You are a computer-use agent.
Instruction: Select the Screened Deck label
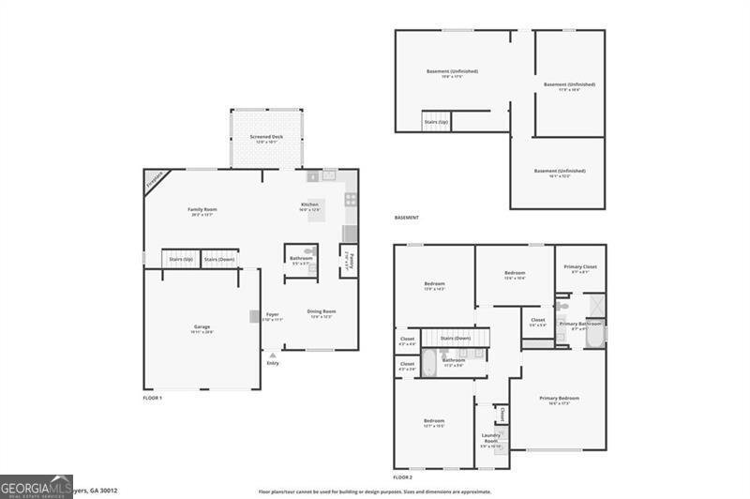tap(266, 137)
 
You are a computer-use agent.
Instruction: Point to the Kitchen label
tap(309, 204)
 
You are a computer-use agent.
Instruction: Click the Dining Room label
tap(322, 311)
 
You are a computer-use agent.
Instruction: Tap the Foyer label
tap(273, 314)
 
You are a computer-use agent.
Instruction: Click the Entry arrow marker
tap(273, 356)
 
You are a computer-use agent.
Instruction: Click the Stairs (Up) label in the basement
tap(436, 122)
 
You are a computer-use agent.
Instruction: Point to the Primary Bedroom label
tap(559, 399)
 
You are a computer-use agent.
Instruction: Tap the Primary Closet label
tap(580, 266)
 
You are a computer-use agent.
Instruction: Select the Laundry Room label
tap(490, 437)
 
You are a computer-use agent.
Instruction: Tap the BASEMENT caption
tap(406, 218)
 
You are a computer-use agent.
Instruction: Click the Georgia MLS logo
tap(36, 487)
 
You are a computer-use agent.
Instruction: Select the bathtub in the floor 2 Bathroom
tap(428, 364)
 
